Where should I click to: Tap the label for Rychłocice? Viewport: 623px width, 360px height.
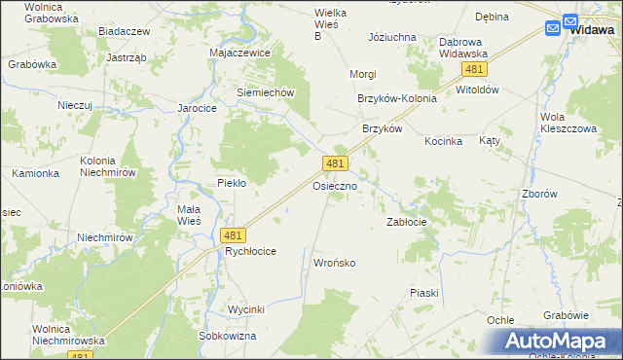coord(250,251)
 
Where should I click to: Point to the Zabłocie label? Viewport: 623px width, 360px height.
coord(407,222)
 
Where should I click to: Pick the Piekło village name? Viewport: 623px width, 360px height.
coord(231,183)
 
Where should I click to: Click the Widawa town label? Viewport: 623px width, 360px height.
coord(592,30)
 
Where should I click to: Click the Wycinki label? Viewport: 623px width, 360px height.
coord(246,309)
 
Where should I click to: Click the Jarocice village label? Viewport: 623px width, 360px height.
coord(196,108)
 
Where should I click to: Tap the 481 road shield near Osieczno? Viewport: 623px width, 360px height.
coord(336,164)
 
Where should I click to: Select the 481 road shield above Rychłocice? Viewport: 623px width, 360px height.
coord(233,235)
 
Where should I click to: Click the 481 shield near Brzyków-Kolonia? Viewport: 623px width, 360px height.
coord(475,70)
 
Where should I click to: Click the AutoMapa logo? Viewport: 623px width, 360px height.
coord(563,341)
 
